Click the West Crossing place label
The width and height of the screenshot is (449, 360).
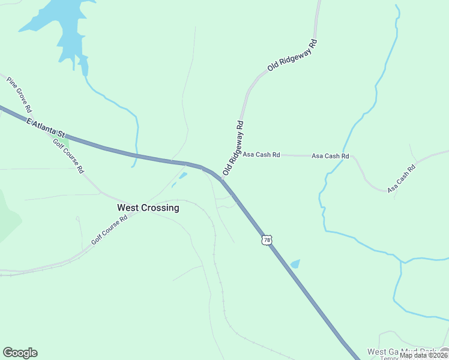148,208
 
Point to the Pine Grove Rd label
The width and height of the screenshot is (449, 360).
19,94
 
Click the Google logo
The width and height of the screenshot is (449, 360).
20,352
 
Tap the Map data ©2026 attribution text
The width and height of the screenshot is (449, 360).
423,355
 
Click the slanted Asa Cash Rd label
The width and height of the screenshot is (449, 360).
402,179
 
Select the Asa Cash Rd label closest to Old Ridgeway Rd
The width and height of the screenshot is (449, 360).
261,155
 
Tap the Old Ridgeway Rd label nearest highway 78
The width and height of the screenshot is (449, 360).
233,148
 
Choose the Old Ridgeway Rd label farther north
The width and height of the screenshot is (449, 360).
292,56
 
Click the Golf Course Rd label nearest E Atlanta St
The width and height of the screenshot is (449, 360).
68,155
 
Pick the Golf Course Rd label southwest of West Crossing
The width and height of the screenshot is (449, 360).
110,230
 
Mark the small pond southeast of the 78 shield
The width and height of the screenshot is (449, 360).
295,264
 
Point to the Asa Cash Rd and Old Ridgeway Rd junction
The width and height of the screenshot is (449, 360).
241,154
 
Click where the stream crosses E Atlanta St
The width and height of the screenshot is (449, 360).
136,156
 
